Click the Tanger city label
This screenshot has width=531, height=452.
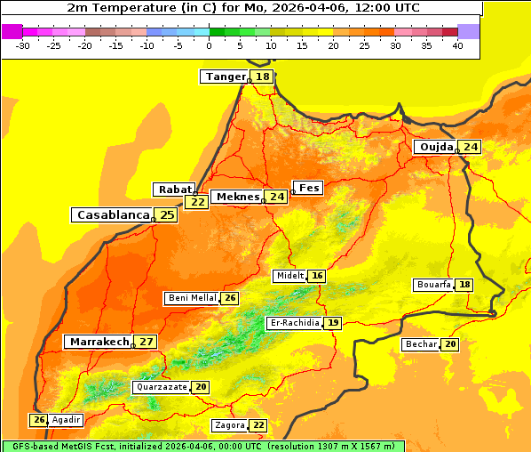(226, 77)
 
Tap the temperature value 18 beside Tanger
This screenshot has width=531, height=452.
(263, 77)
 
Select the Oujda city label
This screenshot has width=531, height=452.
(436, 147)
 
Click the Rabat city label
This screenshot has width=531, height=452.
(174, 190)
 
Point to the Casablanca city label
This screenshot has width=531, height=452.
(112, 215)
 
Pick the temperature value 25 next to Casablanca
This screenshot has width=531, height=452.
(167, 215)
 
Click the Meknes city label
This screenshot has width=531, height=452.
(237, 197)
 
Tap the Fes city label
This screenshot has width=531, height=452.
(308, 188)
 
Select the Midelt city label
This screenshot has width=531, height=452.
(289, 276)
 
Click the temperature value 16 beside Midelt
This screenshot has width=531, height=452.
(317, 276)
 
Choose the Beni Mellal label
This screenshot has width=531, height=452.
(192, 298)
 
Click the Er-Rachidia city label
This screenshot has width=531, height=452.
(294, 323)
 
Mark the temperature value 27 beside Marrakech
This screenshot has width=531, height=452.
(147, 342)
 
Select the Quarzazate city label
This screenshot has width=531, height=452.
(161, 387)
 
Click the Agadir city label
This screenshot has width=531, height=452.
(67, 420)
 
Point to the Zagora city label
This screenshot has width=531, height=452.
(229, 425)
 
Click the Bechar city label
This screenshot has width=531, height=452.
(421, 344)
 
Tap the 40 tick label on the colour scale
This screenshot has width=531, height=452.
(457, 45)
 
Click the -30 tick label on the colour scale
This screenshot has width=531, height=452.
(23, 45)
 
